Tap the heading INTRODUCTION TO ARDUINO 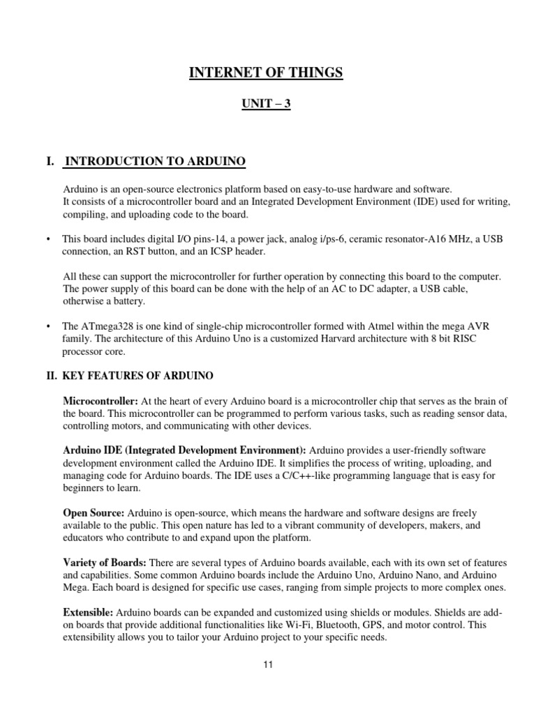click(x=155, y=162)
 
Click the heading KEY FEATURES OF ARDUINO click(x=138, y=376)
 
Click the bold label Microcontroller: click(x=100, y=402)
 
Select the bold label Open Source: click(x=93, y=512)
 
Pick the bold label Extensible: click(x=88, y=612)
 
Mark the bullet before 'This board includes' click(x=48, y=239)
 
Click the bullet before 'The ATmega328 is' click(x=48, y=326)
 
